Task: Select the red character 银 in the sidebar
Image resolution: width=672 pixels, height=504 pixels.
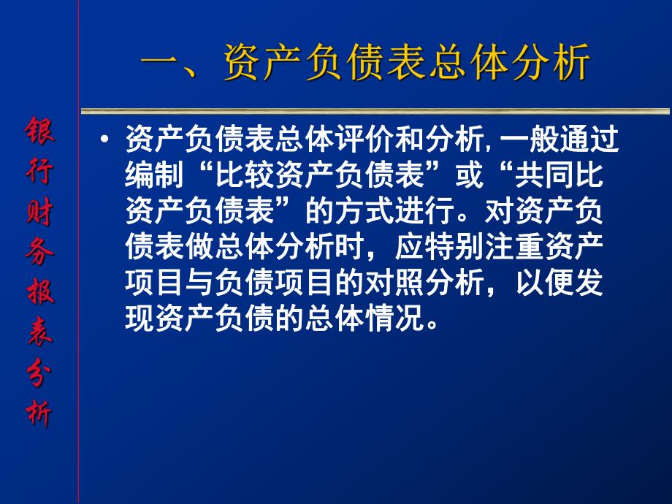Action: pos(39,133)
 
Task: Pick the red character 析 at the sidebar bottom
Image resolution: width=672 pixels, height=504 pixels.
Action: pos(39,414)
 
